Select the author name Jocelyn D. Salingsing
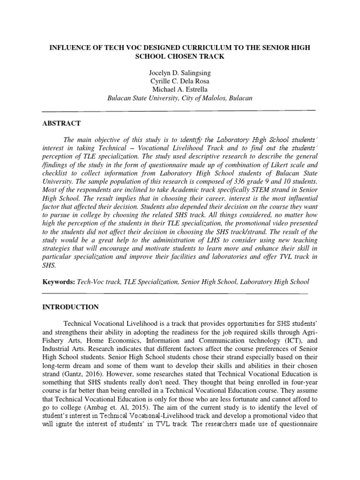pos(179,73)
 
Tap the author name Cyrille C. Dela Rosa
pos(179,82)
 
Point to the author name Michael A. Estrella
pos(179,90)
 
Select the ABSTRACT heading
pos(61,123)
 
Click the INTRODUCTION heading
pos(70,307)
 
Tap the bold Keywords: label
pos(58,282)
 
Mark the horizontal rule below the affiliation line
pos(179,111)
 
